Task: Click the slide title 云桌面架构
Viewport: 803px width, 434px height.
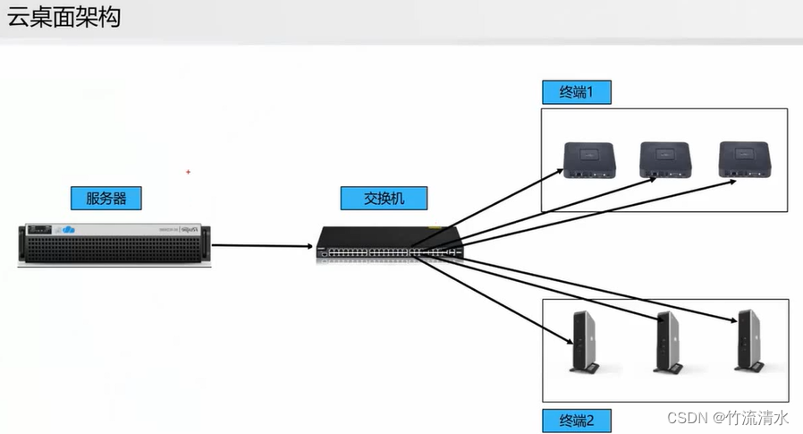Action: click(x=63, y=18)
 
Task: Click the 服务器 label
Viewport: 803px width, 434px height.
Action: click(x=106, y=199)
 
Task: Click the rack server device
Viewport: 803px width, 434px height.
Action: click(x=114, y=243)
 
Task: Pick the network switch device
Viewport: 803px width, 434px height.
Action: click(x=390, y=244)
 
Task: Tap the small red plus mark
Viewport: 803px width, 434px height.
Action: click(x=188, y=170)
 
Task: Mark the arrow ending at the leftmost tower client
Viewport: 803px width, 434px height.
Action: click(x=501, y=300)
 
